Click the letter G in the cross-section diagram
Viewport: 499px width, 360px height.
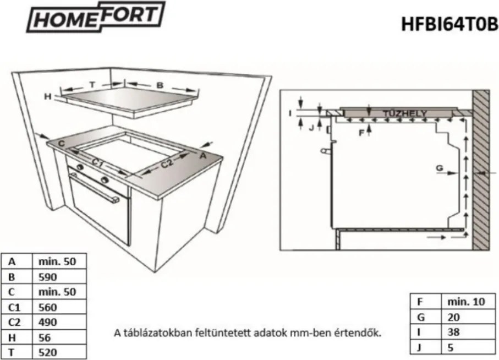pyautogui.click(x=438, y=167)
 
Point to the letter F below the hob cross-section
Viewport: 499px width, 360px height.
pyautogui.click(x=361, y=133)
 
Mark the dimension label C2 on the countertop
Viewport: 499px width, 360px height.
pyautogui.click(x=167, y=163)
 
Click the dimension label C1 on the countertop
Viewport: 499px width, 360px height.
pyautogui.click(x=98, y=162)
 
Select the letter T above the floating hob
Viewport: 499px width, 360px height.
pyautogui.click(x=92, y=84)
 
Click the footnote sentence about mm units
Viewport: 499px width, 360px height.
pyautogui.click(x=247, y=332)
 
